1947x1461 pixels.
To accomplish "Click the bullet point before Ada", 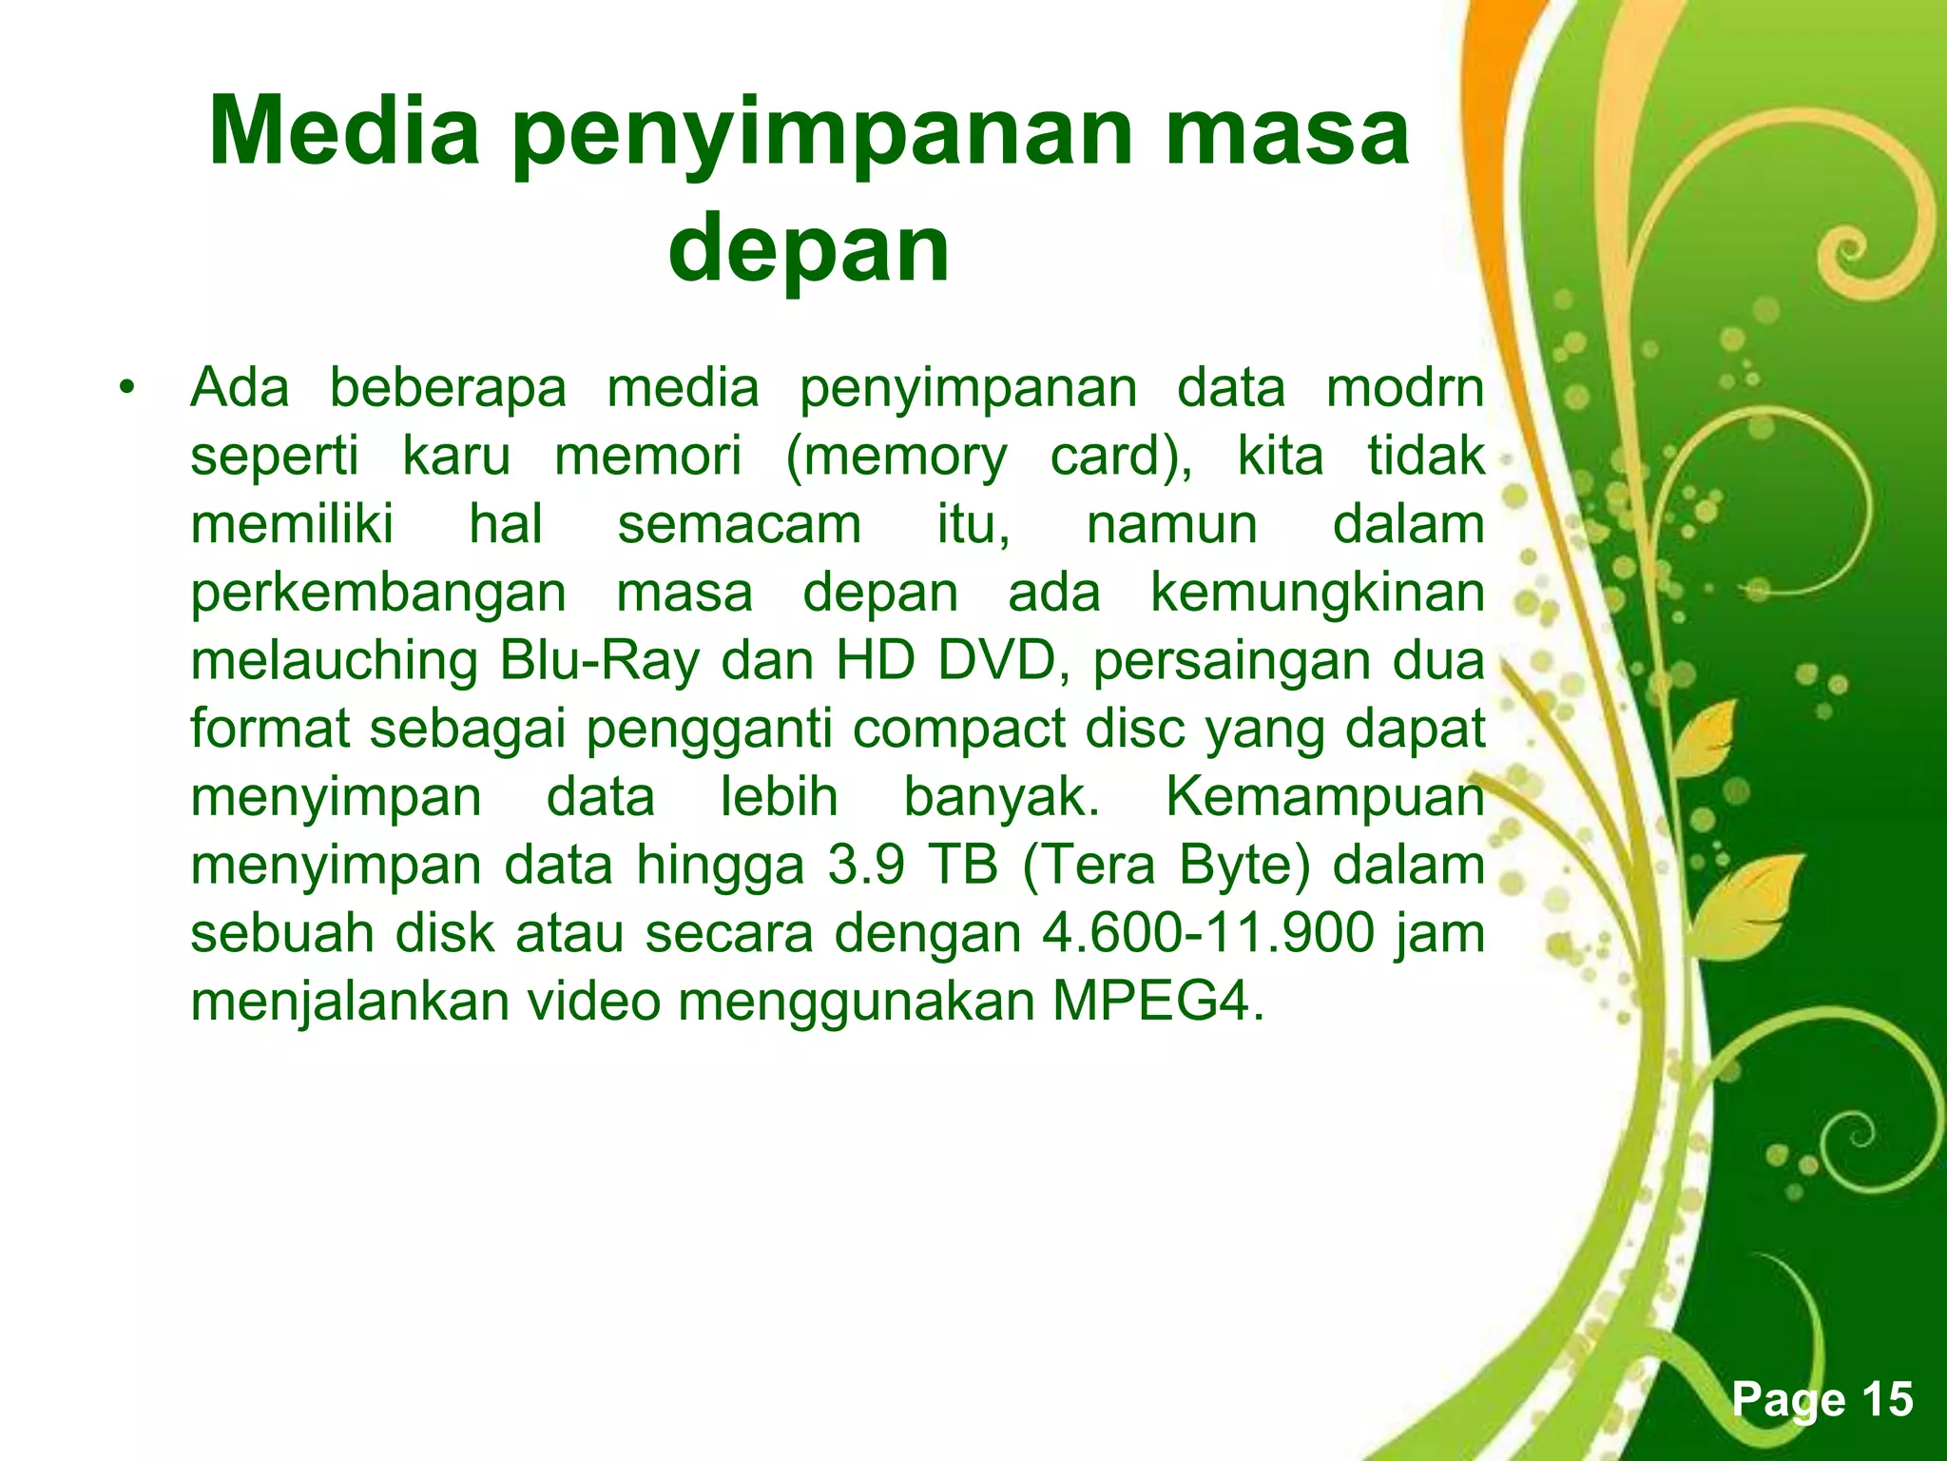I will pos(125,389).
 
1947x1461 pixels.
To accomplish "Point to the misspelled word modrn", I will pos(1405,388).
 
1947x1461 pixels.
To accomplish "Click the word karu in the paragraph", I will pos(456,457).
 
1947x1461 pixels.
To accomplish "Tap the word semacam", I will pos(740,525).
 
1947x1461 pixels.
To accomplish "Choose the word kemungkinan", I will pos(1317,594).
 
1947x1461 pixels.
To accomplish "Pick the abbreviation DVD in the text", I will pos(995,661).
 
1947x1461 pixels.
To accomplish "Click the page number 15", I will pos(1886,1399).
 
